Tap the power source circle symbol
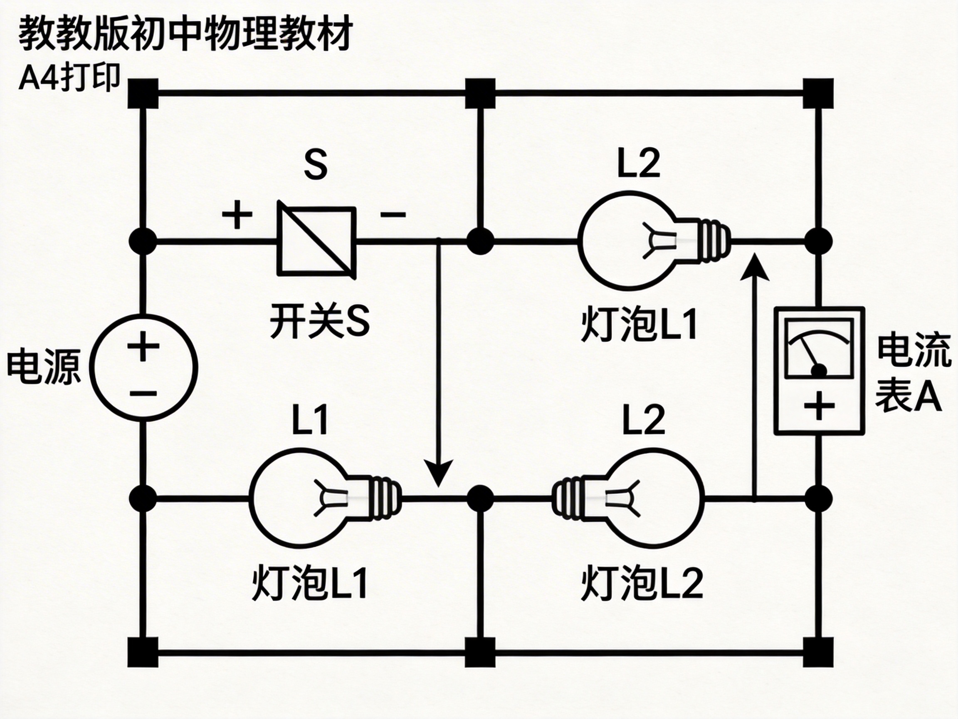(x=143, y=368)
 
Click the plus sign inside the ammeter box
(x=819, y=406)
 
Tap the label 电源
(x=44, y=367)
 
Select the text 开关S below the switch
(x=320, y=322)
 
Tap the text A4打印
(x=69, y=79)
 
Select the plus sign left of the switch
(x=237, y=215)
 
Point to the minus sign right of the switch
(x=393, y=214)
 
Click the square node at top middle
(x=480, y=93)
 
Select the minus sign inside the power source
(x=143, y=394)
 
